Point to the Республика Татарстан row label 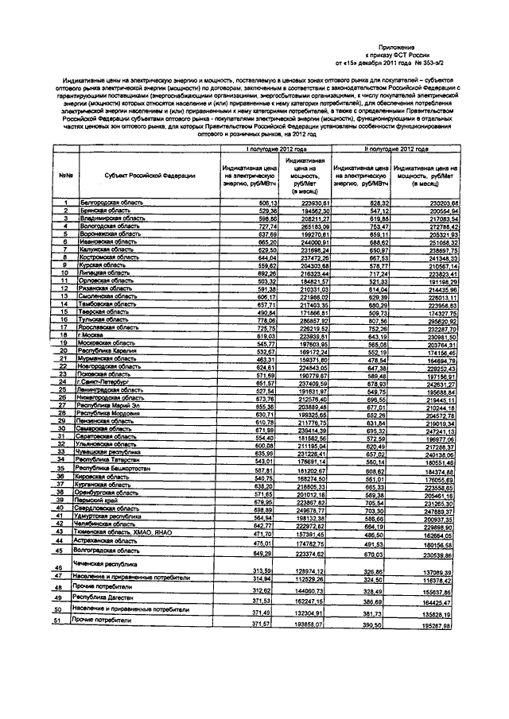tap(107, 460)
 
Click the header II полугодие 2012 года tap(387, 149)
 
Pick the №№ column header tap(66, 176)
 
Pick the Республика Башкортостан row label tap(111, 470)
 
